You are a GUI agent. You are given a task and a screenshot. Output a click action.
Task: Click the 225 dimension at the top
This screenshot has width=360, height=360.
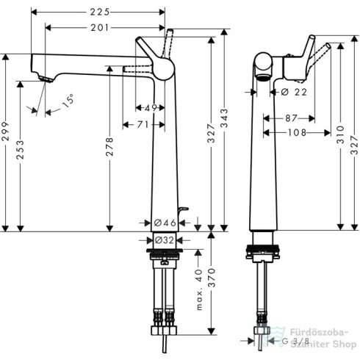pyautogui.click(x=99, y=12)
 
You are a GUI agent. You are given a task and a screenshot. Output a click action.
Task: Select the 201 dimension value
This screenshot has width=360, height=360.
pyautogui.click(x=99, y=27)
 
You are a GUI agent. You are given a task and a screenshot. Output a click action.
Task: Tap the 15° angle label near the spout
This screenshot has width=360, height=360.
pyautogui.click(x=68, y=101)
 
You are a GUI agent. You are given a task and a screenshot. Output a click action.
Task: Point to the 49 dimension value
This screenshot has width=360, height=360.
pyautogui.click(x=151, y=108)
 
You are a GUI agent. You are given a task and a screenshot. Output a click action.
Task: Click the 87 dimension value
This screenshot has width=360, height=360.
pyautogui.click(x=290, y=118)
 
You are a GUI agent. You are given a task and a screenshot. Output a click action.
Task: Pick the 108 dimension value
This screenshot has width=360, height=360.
pyautogui.click(x=295, y=133)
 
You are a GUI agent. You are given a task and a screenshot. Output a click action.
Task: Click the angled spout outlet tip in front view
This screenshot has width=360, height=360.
pyautogui.click(x=42, y=79)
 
